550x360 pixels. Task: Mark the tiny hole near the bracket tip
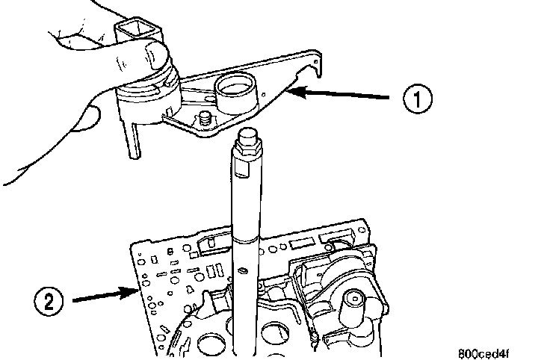coord(263,94)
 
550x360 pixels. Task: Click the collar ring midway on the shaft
coord(246,240)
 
